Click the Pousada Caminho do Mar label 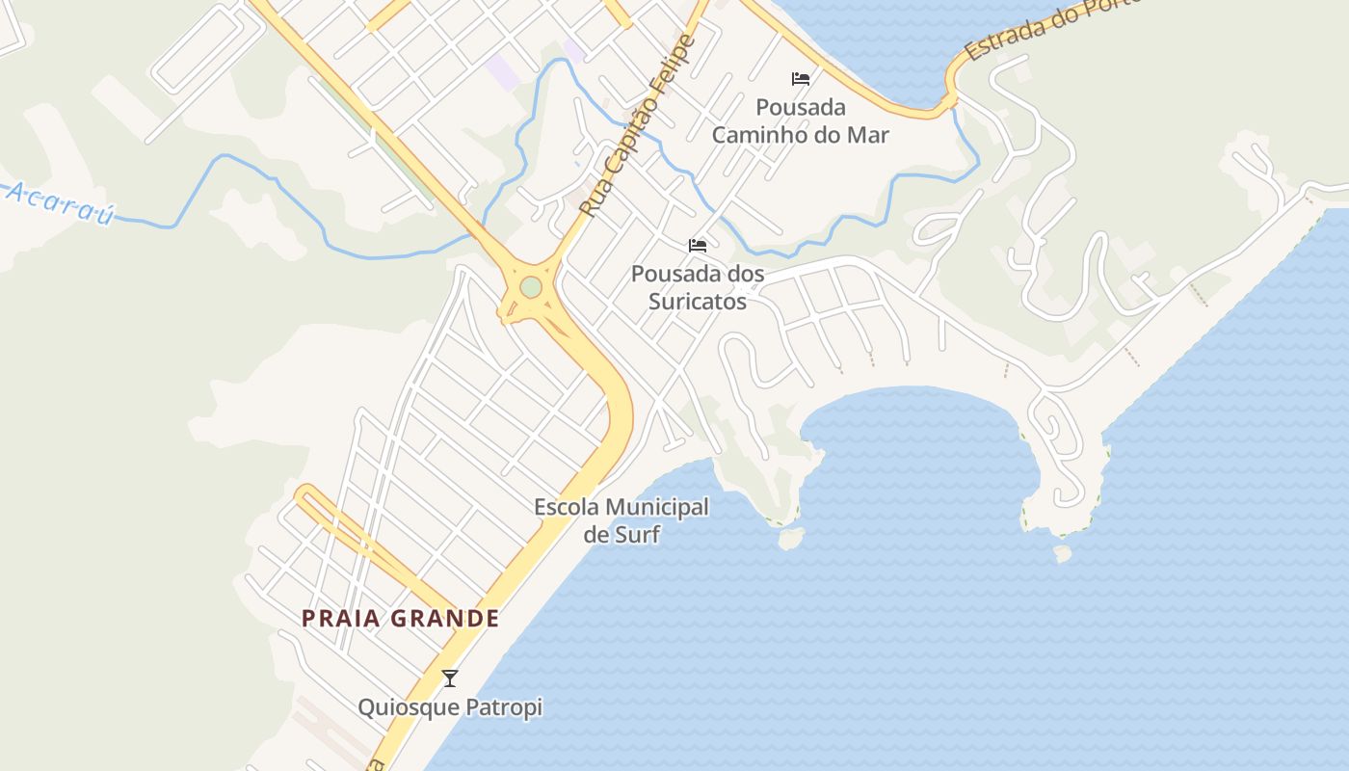point(800,120)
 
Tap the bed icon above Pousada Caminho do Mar point(801,79)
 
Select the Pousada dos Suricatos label point(698,287)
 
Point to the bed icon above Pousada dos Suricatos point(698,247)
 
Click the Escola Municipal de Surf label point(622,520)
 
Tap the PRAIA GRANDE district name point(401,619)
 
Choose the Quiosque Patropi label point(450,707)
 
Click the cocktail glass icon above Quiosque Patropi point(449,678)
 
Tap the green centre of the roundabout point(531,287)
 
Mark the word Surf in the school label point(637,534)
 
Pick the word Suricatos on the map point(698,302)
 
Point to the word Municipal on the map point(657,507)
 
